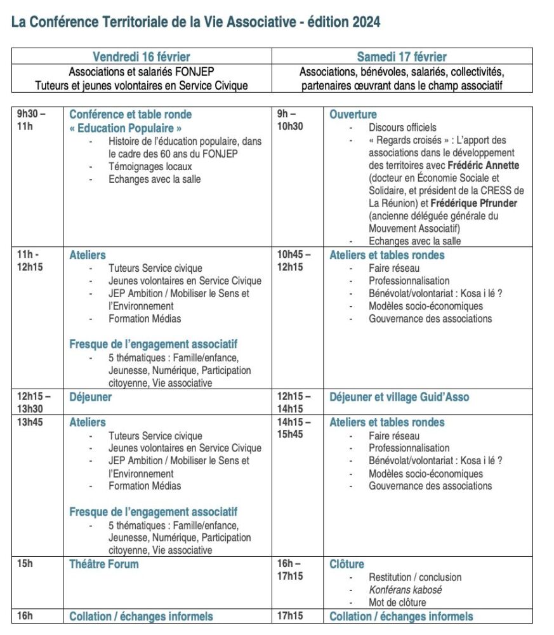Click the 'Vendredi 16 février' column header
point(142,57)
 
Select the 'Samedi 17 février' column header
point(402,57)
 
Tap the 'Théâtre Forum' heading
point(103,564)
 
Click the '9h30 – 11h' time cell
point(32,121)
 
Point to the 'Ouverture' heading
point(353,114)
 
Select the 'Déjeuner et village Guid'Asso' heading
point(399,397)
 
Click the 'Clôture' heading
point(346,564)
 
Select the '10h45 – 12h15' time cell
point(294,261)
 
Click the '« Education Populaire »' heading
point(121,128)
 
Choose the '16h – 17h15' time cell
point(290,570)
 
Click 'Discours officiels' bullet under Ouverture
point(402,128)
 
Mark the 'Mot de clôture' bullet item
point(397,603)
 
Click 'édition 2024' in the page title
point(344,22)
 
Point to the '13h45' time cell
point(29,422)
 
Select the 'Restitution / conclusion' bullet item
point(415,577)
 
